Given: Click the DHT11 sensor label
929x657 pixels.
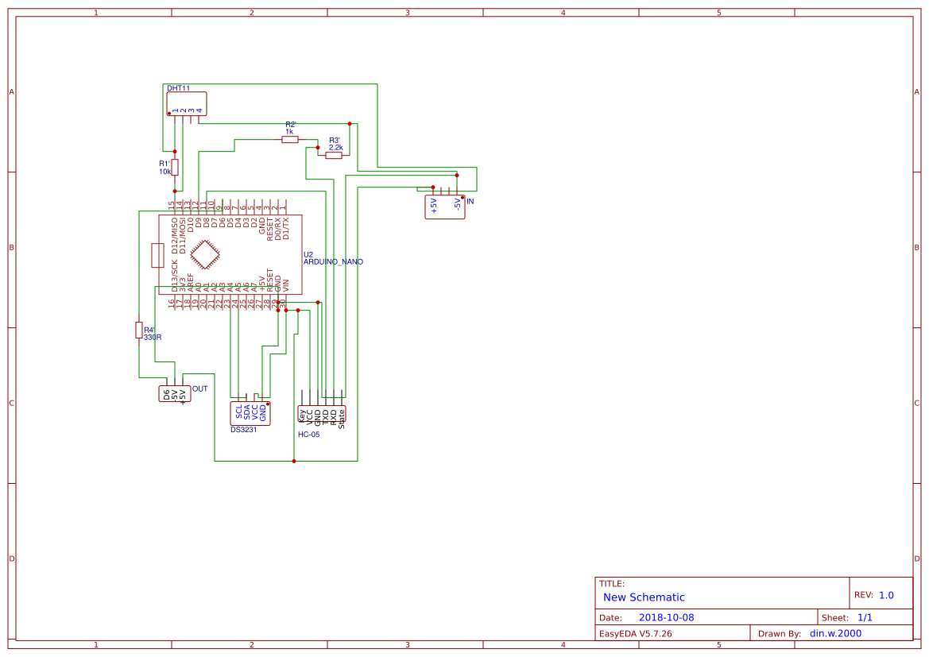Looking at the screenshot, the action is [x=178, y=88].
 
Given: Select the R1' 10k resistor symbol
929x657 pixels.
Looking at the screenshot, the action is [x=175, y=167].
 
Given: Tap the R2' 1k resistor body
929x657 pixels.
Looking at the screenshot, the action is [x=290, y=140].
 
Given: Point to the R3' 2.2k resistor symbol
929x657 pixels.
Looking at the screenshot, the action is [x=334, y=156].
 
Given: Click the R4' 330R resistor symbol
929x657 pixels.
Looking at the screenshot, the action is [x=139, y=330].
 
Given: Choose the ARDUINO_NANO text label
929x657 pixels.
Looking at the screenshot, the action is [x=333, y=261].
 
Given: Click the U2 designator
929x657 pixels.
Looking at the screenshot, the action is [x=308, y=253].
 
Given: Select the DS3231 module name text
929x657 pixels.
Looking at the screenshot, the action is [x=243, y=430].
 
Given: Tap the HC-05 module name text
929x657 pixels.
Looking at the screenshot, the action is [x=308, y=435].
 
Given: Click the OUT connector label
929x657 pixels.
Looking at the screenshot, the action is [x=199, y=388].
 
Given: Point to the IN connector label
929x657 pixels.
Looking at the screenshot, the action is [x=470, y=202].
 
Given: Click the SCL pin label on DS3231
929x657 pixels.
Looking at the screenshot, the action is [x=238, y=412].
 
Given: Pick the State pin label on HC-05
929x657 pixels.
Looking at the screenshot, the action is [x=342, y=418].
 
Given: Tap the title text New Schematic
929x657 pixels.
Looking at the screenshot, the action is [x=644, y=597].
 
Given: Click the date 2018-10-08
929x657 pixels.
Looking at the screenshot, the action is [x=666, y=617].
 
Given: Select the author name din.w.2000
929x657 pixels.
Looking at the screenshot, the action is [x=835, y=633].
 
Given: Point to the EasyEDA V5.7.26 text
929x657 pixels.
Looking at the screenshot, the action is [x=635, y=633].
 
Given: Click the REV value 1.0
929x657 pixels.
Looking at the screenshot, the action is [x=886, y=595].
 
